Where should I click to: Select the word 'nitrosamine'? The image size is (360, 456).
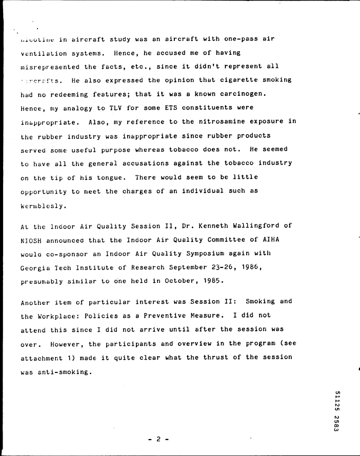[x=211, y=122]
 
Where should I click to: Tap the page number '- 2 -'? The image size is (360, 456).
[x=158, y=439]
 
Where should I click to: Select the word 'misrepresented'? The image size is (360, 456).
[x=50, y=67]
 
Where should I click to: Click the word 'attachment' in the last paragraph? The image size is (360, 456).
[x=44, y=358]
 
